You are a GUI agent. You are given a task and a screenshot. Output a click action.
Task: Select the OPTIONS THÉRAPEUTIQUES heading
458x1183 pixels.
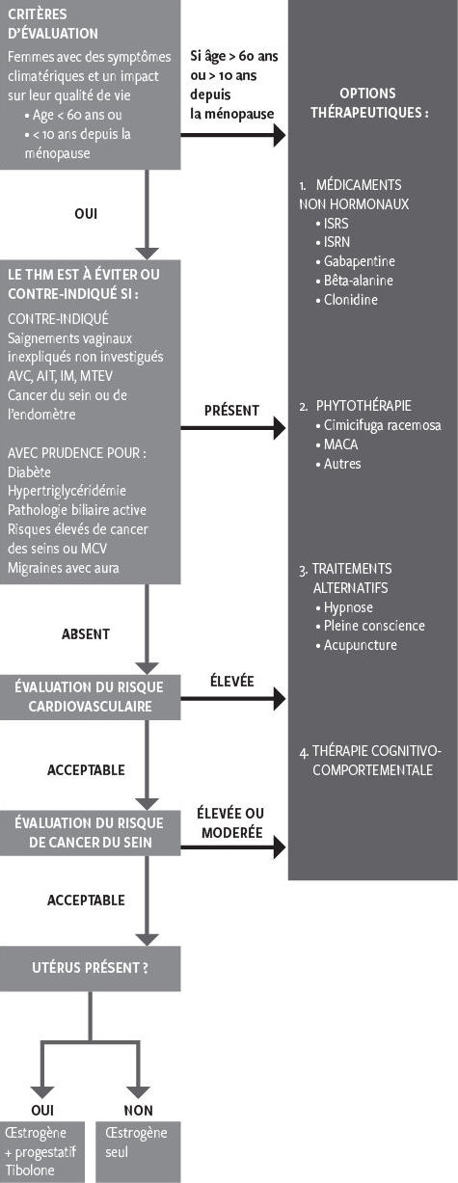pyautogui.click(x=371, y=103)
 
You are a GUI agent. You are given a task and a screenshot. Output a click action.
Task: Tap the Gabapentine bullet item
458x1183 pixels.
pyautogui.click(x=359, y=261)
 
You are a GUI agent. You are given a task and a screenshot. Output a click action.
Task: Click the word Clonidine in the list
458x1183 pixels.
pyautogui.click(x=351, y=300)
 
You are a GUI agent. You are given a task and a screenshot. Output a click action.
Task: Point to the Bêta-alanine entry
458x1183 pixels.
pyautogui.click(x=359, y=281)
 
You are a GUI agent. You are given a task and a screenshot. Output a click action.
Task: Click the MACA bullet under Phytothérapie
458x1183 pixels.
pyautogui.click(x=339, y=444)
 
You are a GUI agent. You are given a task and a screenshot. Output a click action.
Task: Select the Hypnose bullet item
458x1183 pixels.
pyautogui.click(x=348, y=607)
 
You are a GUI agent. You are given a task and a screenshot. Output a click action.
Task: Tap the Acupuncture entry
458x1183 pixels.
pyautogui.click(x=360, y=645)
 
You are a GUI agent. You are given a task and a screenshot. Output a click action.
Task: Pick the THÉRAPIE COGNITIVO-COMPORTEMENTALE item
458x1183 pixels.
pyautogui.click(x=371, y=760)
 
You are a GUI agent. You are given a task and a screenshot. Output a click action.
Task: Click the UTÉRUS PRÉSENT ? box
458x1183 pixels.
pyautogui.click(x=90, y=967)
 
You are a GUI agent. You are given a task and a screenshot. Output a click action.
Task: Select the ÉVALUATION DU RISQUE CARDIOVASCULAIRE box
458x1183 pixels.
pyautogui.click(x=90, y=696)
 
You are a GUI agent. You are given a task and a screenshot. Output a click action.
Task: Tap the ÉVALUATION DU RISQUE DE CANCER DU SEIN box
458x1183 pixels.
pyautogui.click(x=90, y=832)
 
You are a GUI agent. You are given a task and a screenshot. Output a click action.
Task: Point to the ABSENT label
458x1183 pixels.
pyautogui.click(x=86, y=634)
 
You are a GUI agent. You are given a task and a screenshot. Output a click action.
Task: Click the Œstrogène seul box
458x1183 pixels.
pyautogui.click(x=138, y=1151)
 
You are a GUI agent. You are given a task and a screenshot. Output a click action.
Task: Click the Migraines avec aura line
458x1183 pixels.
pyautogui.click(x=64, y=568)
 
